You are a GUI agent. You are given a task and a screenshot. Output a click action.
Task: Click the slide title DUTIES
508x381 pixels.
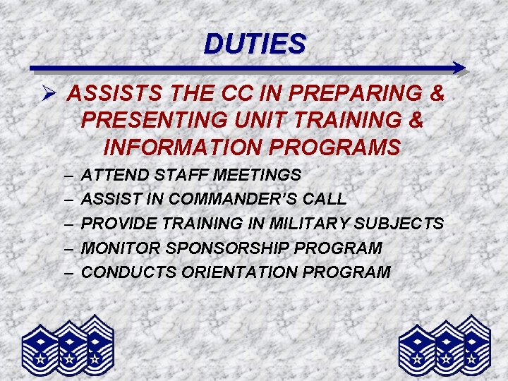point(255,44)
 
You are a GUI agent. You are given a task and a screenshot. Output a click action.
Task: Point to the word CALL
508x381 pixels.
point(323,199)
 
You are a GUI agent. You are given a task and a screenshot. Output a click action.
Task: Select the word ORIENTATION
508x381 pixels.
point(245,272)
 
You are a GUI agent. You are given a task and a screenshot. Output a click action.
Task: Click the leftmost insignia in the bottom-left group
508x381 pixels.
point(41,349)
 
